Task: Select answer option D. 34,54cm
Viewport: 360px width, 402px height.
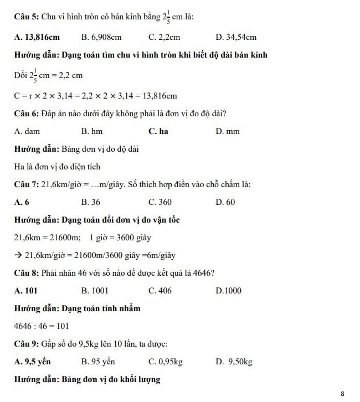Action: point(236,38)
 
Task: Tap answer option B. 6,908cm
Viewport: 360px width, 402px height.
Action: point(101,38)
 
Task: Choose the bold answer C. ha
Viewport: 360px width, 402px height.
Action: point(158,132)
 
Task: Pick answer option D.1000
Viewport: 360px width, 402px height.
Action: point(229,290)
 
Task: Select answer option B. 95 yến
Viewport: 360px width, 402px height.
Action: point(98,362)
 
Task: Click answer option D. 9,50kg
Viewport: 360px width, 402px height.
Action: point(235,362)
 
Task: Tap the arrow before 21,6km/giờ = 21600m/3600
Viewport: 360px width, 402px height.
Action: point(18,255)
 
